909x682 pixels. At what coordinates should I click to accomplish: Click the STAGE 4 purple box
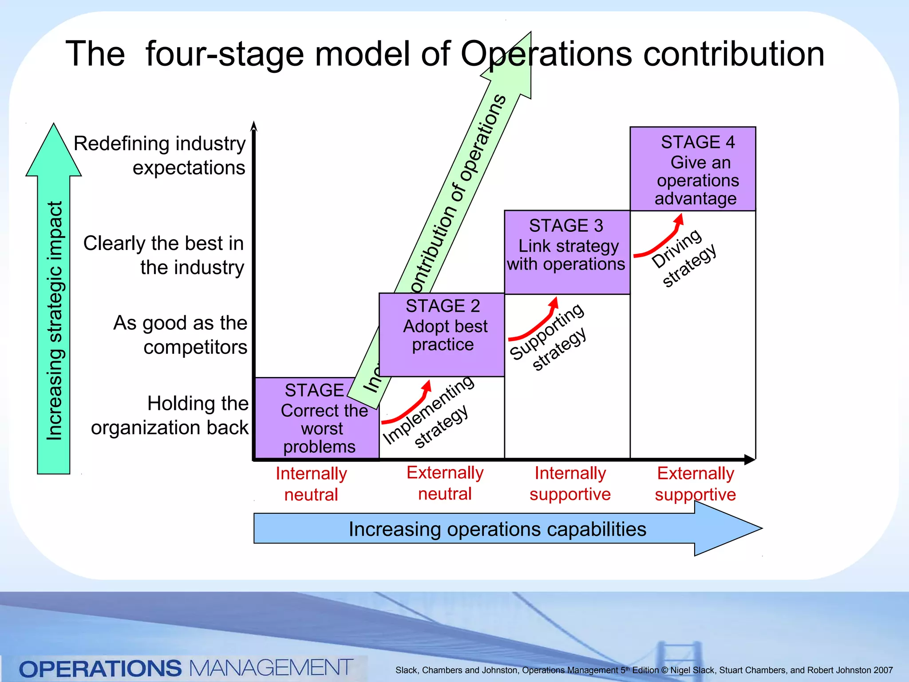tap(693, 169)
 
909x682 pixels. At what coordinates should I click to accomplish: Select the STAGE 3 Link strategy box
tap(567, 252)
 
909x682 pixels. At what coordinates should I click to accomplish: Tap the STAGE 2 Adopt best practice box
tap(442, 334)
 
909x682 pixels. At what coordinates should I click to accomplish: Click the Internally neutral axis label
tap(311, 484)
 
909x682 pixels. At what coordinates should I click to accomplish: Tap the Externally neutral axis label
tap(445, 483)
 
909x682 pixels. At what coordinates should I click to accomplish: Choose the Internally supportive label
tap(570, 484)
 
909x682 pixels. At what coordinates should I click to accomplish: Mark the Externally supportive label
tap(695, 484)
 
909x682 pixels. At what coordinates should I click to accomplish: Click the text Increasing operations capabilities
tap(497, 529)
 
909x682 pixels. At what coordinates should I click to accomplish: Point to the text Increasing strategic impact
tap(54, 321)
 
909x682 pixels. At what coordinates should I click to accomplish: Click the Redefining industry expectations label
tap(160, 155)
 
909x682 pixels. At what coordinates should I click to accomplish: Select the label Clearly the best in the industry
tap(164, 255)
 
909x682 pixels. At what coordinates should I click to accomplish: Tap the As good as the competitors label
tap(180, 335)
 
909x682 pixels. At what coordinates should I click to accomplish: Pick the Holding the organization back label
tap(170, 416)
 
